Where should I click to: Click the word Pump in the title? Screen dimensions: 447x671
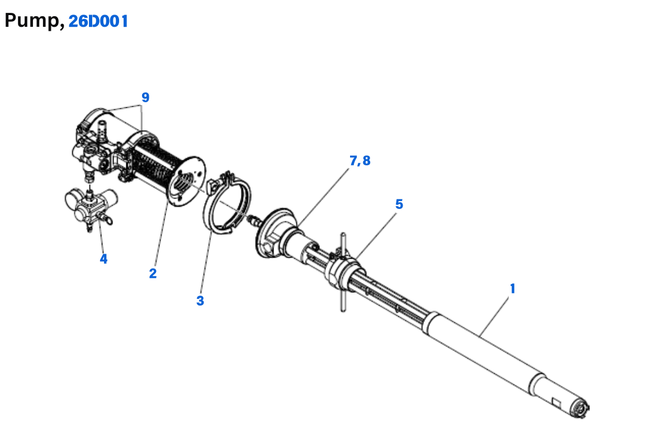pyautogui.click(x=32, y=21)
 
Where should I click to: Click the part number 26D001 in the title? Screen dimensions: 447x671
pyautogui.click(x=98, y=21)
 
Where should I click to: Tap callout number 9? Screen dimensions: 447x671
pyautogui.click(x=145, y=97)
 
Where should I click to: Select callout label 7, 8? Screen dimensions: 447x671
pyautogui.click(x=360, y=161)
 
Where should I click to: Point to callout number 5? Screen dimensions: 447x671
pyautogui.click(x=399, y=204)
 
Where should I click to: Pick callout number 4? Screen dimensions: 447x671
pyautogui.click(x=103, y=259)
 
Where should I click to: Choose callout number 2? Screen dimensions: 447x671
pyautogui.click(x=153, y=273)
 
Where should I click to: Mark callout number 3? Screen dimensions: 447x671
pyautogui.click(x=200, y=300)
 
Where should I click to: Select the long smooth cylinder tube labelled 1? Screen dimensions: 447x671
pyautogui.click(x=481, y=346)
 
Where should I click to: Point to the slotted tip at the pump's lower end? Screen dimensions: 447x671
pyautogui.click(x=580, y=410)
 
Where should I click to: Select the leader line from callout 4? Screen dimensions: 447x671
pyautogui.click(x=102, y=237)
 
